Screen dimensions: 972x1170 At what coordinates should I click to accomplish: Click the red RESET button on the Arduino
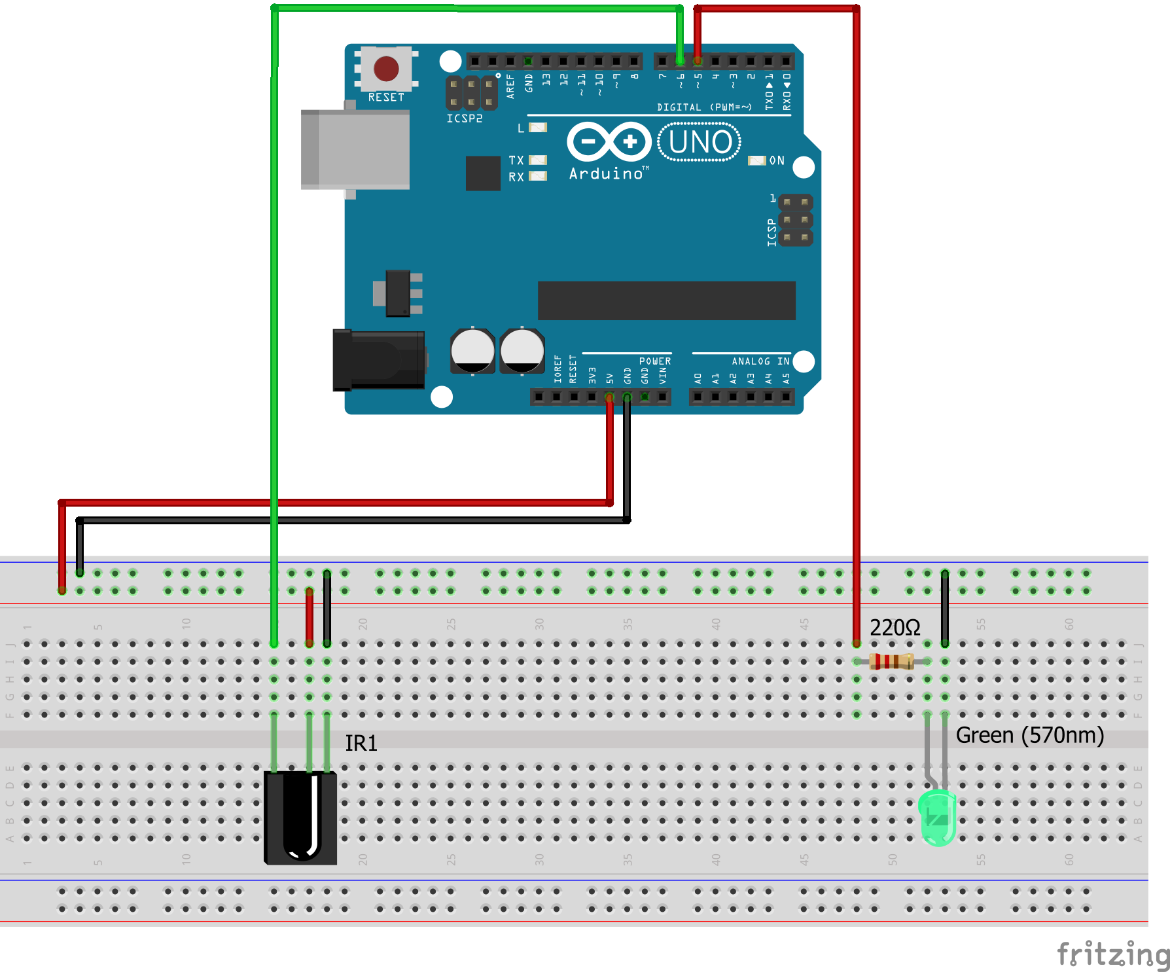click(386, 68)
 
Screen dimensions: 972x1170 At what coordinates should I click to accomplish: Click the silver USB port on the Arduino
click(356, 149)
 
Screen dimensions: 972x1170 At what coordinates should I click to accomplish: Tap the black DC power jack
click(378, 360)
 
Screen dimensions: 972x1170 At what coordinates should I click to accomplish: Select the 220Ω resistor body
click(891, 662)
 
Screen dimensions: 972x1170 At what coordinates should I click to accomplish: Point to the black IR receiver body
click(300, 818)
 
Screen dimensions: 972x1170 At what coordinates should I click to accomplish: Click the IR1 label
click(361, 744)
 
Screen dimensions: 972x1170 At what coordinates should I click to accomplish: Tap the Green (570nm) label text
click(1029, 735)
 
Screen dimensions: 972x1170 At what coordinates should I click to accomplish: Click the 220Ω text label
click(895, 628)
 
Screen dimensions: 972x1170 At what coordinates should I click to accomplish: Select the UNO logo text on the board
click(700, 142)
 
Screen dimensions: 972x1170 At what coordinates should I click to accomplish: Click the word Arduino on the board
click(606, 173)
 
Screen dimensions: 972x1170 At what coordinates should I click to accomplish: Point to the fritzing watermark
click(1112, 954)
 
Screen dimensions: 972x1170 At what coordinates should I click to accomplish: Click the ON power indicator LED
click(756, 160)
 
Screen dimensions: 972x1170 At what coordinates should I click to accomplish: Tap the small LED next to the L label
click(538, 128)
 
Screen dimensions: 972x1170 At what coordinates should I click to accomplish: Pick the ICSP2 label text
click(465, 118)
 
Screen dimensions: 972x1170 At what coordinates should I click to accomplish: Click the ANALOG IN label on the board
click(760, 361)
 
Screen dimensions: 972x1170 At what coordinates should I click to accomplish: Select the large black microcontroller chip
click(666, 300)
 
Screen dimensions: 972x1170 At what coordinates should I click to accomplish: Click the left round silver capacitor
click(472, 351)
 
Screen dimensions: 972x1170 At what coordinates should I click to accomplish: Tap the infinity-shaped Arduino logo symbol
click(609, 141)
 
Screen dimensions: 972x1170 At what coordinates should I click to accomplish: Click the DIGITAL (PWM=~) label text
click(704, 107)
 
